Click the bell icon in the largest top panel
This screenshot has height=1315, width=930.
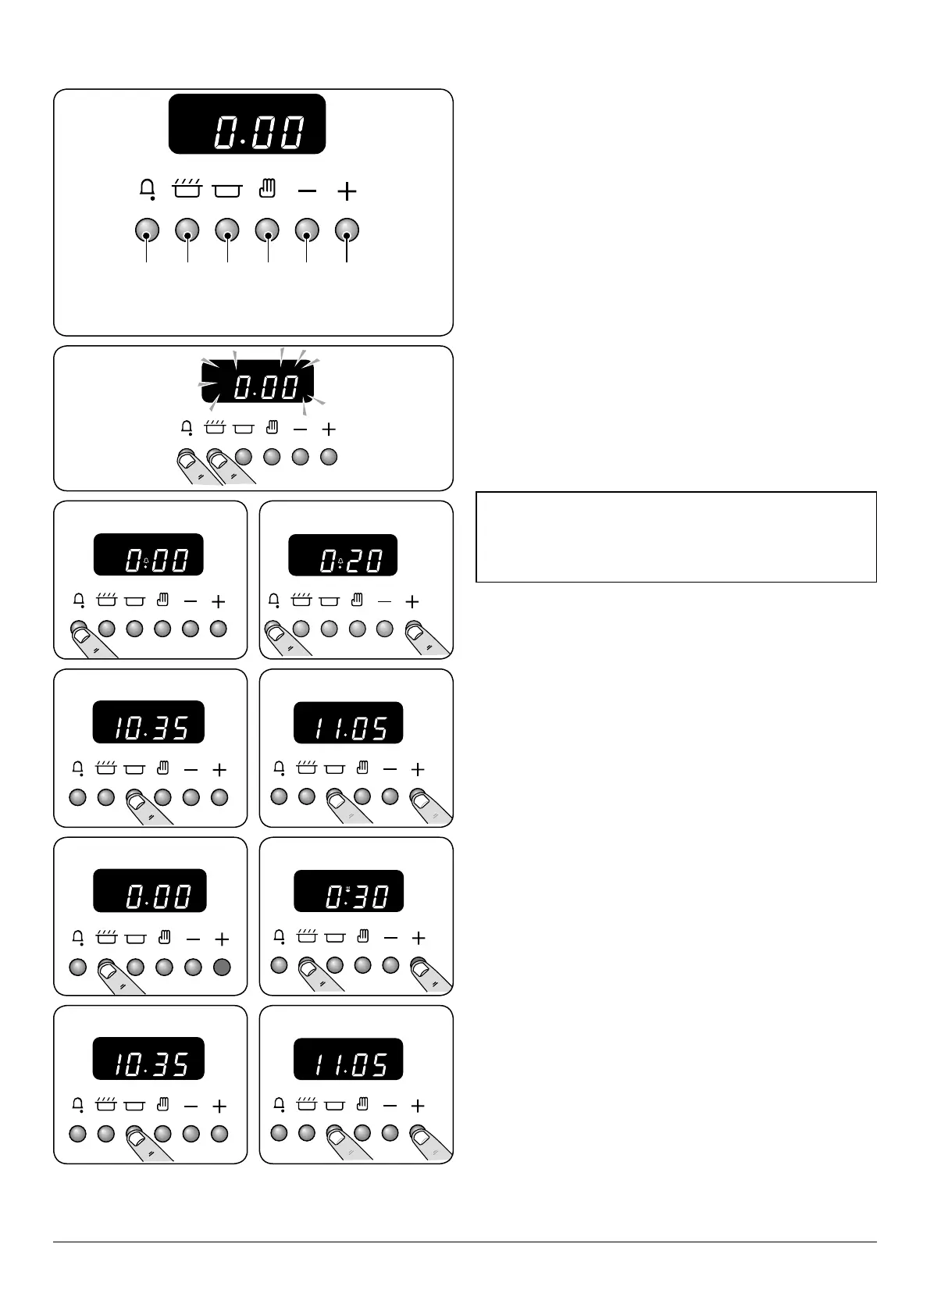tap(147, 190)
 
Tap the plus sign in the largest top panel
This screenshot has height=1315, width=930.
tap(347, 191)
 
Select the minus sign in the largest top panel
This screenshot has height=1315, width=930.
tap(308, 191)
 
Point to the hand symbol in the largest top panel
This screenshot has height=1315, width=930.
tap(267, 188)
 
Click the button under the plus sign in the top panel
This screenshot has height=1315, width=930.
tap(347, 230)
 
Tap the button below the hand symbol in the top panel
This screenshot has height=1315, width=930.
tap(267, 230)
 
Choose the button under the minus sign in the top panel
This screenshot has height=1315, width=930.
tap(307, 230)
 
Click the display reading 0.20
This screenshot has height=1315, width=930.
tap(343, 555)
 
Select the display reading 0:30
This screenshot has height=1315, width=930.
tap(348, 891)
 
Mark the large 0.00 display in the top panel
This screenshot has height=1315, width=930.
tap(247, 124)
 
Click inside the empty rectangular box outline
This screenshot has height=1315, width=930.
tap(675, 536)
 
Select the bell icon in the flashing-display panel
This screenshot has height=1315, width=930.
tap(187, 428)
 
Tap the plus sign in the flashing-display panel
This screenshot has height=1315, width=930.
tap(329, 429)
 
